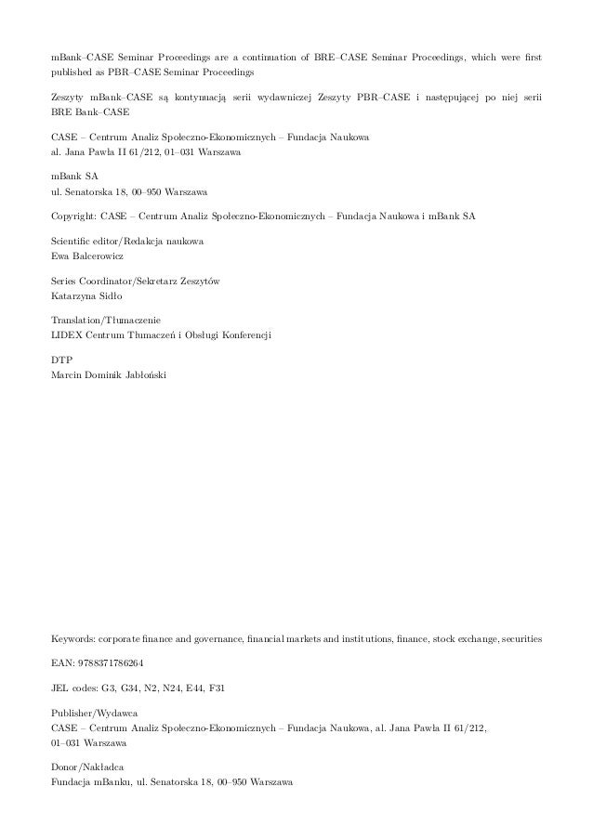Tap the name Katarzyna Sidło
click(86, 295)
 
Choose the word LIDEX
click(68, 334)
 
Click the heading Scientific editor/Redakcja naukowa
click(128, 242)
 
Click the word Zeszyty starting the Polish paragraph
click(70, 96)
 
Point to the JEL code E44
click(196, 688)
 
